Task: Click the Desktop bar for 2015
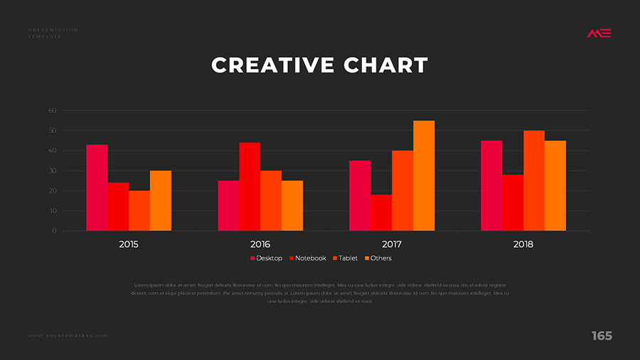(97, 188)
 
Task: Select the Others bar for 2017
(424, 176)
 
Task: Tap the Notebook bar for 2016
(250, 186)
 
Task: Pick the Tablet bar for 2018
(534, 181)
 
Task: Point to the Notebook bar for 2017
(381, 213)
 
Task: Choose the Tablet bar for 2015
(139, 211)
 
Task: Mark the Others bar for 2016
(292, 206)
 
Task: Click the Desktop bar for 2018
(491, 186)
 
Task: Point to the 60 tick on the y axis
(52, 110)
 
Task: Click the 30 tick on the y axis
(52, 171)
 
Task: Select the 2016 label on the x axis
(260, 244)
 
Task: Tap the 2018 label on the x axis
(523, 244)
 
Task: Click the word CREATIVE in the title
(273, 65)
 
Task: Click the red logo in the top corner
(599, 33)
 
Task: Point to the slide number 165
(602, 336)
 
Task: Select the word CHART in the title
(386, 65)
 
